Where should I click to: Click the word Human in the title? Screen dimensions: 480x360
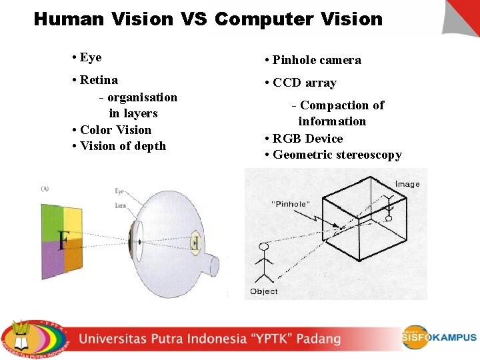(x=69, y=19)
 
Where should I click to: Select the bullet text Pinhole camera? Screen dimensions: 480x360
(x=317, y=60)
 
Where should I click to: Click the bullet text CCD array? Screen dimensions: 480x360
(x=304, y=83)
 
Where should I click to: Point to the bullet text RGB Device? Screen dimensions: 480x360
(x=307, y=139)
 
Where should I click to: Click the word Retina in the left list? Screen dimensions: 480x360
(x=99, y=80)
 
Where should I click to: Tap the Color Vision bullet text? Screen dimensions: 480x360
(x=115, y=130)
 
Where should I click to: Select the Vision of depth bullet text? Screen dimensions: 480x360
(x=123, y=146)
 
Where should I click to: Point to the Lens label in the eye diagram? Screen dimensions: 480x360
(x=120, y=206)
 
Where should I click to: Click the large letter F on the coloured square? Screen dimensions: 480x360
(x=63, y=240)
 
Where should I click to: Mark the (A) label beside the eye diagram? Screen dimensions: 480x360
(x=45, y=189)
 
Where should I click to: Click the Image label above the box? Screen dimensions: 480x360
(x=407, y=184)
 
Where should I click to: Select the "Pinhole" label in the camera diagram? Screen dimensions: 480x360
(x=289, y=204)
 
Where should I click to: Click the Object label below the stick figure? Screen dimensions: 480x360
(x=263, y=291)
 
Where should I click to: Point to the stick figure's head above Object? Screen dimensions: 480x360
(x=264, y=247)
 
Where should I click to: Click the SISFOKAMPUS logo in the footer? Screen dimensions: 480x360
(x=438, y=337)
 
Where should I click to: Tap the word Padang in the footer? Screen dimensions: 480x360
(x=316, y=339)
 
